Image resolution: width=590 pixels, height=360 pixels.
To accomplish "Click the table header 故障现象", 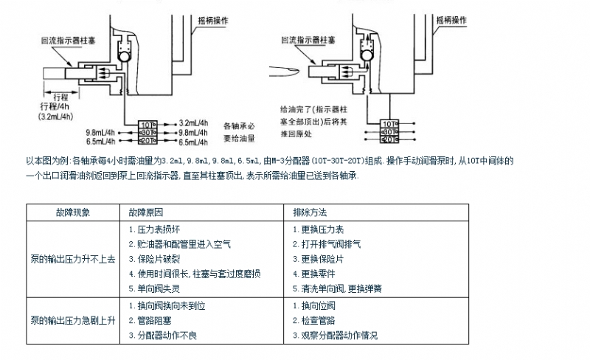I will pos(72,212).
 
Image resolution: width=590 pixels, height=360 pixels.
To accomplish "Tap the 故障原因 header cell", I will pos(146,212).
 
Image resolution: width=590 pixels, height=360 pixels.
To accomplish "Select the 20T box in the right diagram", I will pos(389,139).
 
